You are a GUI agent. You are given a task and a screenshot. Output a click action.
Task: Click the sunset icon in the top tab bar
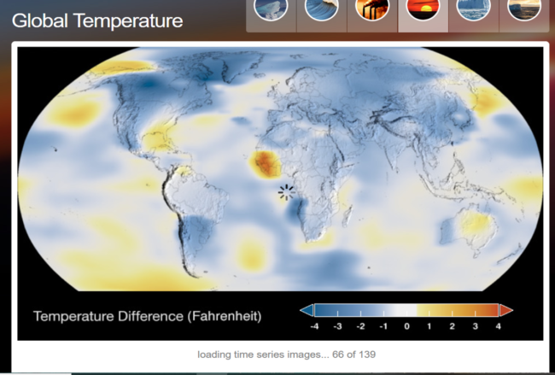tap(423, 8)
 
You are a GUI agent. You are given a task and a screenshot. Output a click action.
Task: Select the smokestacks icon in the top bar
tap(372, 8)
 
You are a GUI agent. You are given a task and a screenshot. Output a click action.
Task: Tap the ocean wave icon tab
tap(321, 8)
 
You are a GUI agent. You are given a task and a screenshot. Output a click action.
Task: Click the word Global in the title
tap(39, 21)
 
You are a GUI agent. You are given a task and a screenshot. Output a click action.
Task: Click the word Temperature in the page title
tap(128, 21)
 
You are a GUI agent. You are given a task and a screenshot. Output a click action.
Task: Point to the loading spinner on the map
tap(286, 192)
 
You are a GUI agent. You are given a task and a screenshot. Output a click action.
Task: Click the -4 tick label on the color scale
tap(314, 326)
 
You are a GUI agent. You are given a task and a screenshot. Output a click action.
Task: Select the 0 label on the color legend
tap(406, 326)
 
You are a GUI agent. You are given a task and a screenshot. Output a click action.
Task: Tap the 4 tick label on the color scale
tap(499, 326)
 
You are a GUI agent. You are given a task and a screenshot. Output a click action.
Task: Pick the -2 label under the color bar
tap(360, 326)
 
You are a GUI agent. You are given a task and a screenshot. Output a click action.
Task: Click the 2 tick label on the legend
tap(453, 326)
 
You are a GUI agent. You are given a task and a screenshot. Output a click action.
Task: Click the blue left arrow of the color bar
tap(307, 310)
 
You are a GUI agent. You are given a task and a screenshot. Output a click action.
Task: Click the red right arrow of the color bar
tap(506, 310)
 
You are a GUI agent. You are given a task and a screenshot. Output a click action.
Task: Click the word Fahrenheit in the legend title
tap(225, 316)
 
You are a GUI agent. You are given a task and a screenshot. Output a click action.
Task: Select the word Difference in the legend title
tap(149, 315)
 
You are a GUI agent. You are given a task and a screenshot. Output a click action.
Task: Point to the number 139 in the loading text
tap(367, 354)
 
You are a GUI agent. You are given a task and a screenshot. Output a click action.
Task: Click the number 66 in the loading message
tap(337, 354)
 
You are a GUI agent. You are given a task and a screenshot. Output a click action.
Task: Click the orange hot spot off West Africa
tap(266, 164)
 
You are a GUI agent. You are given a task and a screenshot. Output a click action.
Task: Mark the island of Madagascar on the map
tap(348, 216)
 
